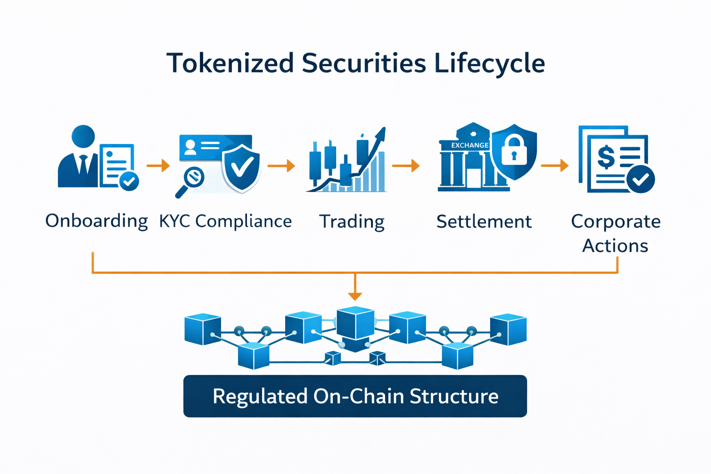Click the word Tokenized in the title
coord(230,63)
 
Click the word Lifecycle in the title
coord(489,63)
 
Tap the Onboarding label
coord(96,221)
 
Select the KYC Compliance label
coord(225,221)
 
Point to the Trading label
coord(352,222)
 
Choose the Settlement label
coord(484,221)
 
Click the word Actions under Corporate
coord(615,246)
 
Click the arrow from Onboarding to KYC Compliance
coord(158,165)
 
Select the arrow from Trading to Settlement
coord(405,165)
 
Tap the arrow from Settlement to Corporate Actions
coord(555,165)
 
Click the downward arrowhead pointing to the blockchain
coord(355,296)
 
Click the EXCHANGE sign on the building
coord(470,145)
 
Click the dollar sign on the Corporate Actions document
coord(605,156)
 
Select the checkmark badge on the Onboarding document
coord(129,181)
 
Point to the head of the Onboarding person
coord(83,136)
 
